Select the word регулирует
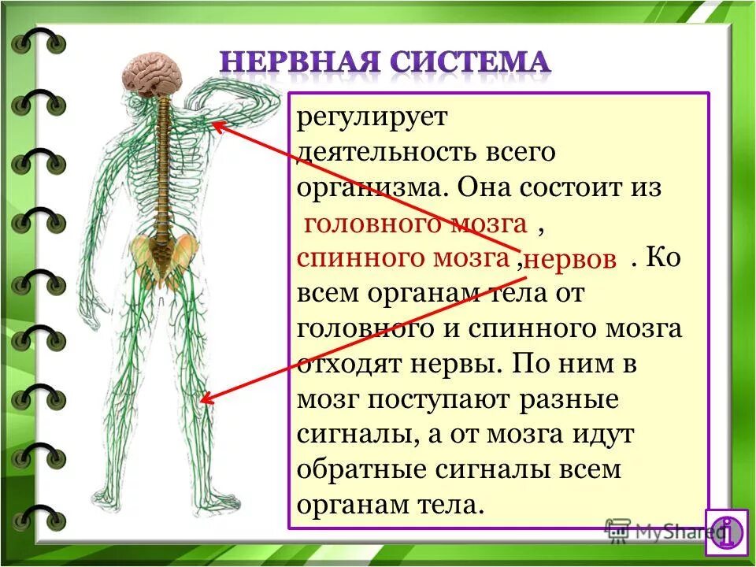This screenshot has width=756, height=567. tap(372, 119)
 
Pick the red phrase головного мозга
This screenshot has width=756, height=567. tap(415, 224)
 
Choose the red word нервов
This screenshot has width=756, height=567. tap(569, 261)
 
